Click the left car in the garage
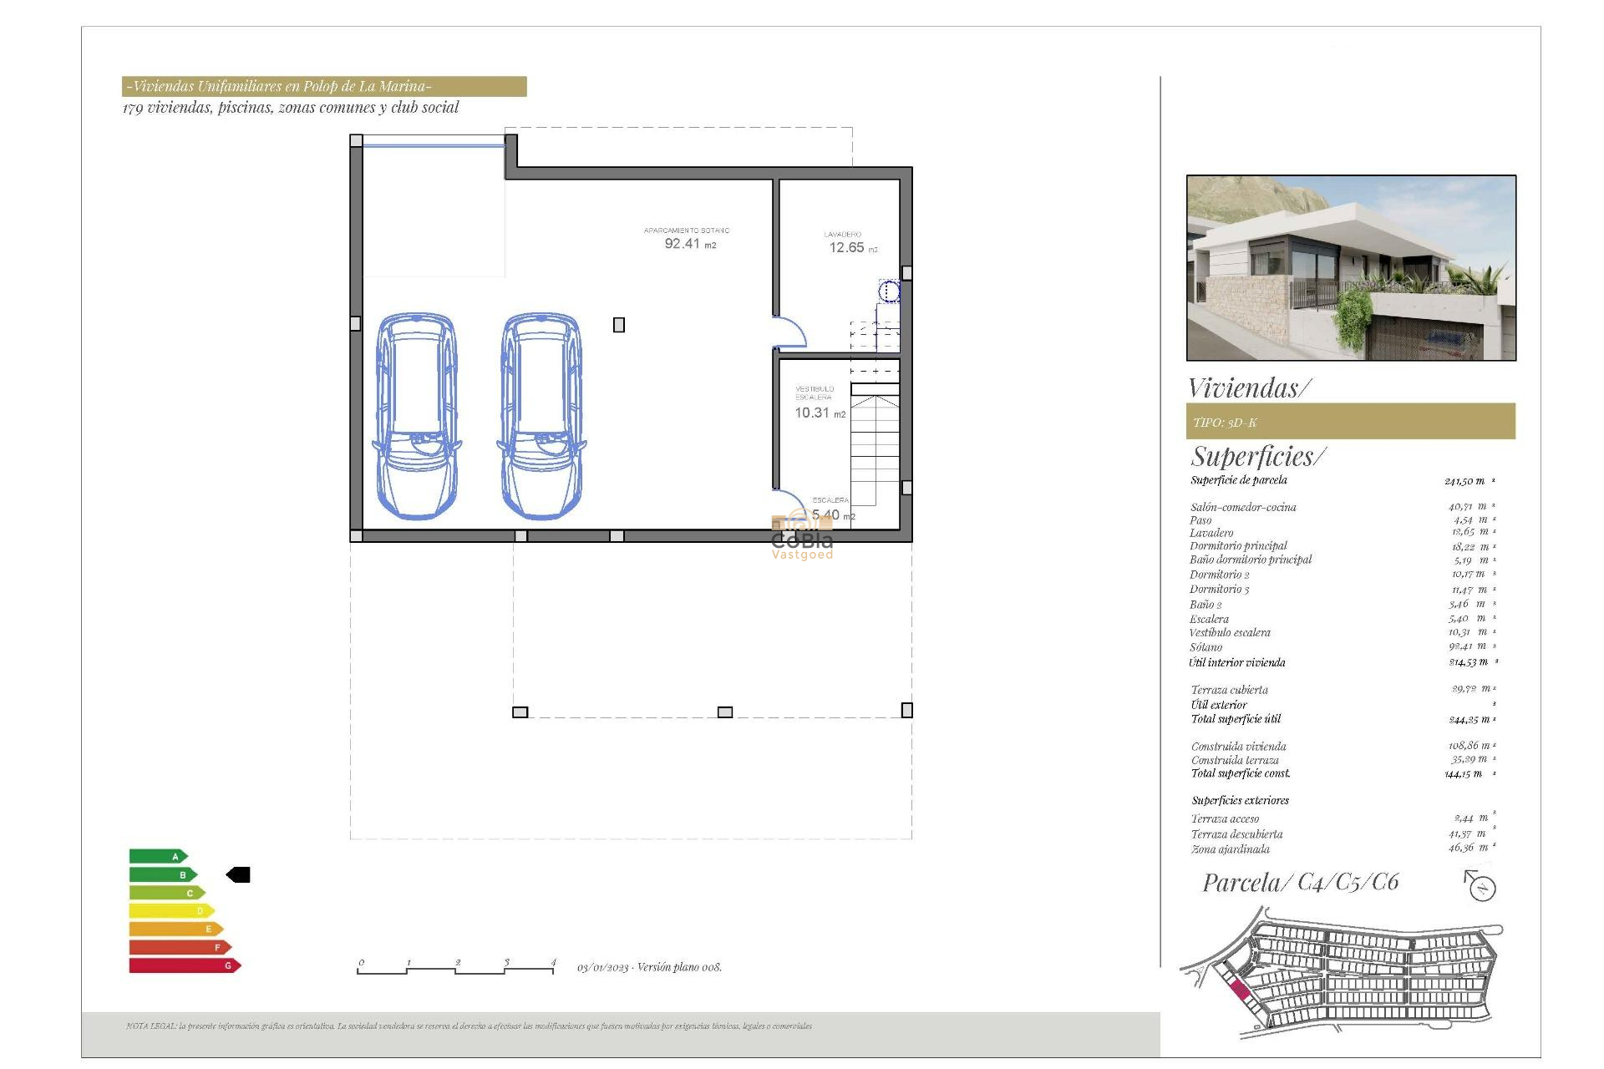417,416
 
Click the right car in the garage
541,416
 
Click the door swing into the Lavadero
789,332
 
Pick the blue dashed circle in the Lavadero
889,291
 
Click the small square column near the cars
619,325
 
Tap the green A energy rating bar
157,856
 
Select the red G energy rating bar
184,965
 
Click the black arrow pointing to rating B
238,874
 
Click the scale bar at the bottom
456,968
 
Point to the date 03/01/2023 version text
649,967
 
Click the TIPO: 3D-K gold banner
1350,422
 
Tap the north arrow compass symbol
1480,886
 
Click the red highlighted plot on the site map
1240,991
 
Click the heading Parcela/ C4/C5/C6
1300,883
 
